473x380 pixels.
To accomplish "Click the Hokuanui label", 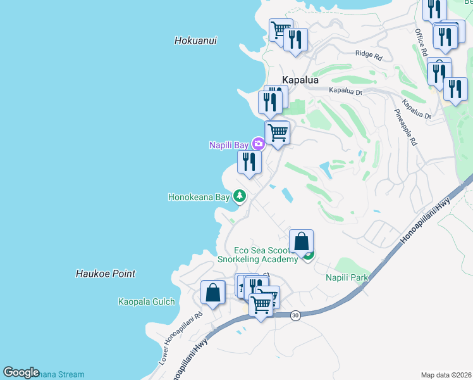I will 195,41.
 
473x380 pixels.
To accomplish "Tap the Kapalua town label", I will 300,80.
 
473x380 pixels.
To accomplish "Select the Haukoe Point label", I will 106,274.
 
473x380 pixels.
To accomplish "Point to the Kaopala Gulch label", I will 146,301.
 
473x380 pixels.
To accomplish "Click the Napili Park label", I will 347,277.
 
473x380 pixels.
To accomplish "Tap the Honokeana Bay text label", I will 199,197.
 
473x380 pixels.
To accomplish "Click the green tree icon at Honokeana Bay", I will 239,196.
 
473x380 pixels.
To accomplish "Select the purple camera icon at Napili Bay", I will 258,144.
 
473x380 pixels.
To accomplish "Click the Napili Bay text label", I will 229,145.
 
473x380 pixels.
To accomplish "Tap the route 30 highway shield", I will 295,315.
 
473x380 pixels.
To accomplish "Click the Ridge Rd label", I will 369,56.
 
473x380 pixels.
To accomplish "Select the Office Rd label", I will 422,42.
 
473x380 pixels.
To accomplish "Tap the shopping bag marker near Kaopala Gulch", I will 212,293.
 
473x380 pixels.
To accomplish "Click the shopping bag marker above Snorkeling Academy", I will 301,241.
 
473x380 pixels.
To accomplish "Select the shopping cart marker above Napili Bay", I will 277,133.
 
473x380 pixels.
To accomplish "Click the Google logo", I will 21,372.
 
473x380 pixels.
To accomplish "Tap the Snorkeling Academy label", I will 257,259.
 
